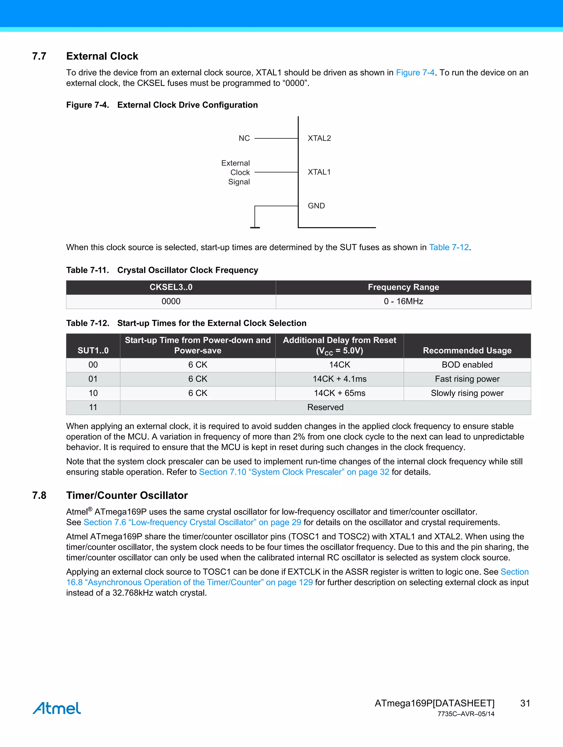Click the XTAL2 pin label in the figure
click(319, 138)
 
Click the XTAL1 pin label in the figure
click(319, 172)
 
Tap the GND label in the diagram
click(316, 206)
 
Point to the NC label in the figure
click(244, 138)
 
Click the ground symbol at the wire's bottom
click(255, 227)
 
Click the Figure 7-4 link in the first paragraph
click(415, 73)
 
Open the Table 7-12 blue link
click(449, 247)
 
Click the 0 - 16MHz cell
click(403, 301)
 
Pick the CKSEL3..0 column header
click(171, 287)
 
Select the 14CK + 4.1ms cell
click(339, 379)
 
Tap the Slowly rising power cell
click(467, 393)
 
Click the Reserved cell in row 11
click(325, 407)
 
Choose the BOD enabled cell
click(467, 365)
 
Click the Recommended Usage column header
click(467, 350)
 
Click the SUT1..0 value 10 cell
click(93, 393)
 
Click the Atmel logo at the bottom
click(57, 708)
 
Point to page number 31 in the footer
click(525, 703)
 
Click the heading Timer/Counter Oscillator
click(127, 495)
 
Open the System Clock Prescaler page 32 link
click(294, 472)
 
